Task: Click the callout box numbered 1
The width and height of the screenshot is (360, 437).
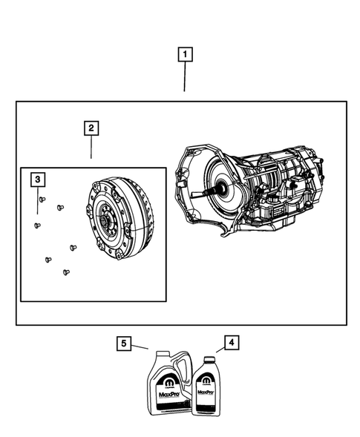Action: (x=184, y=54)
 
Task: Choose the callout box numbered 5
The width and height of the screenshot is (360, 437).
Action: (x=125, y=343)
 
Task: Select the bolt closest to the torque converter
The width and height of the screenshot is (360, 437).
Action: (x=72, y=247)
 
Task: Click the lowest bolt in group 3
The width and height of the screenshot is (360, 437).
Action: (x=65, y=272)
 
